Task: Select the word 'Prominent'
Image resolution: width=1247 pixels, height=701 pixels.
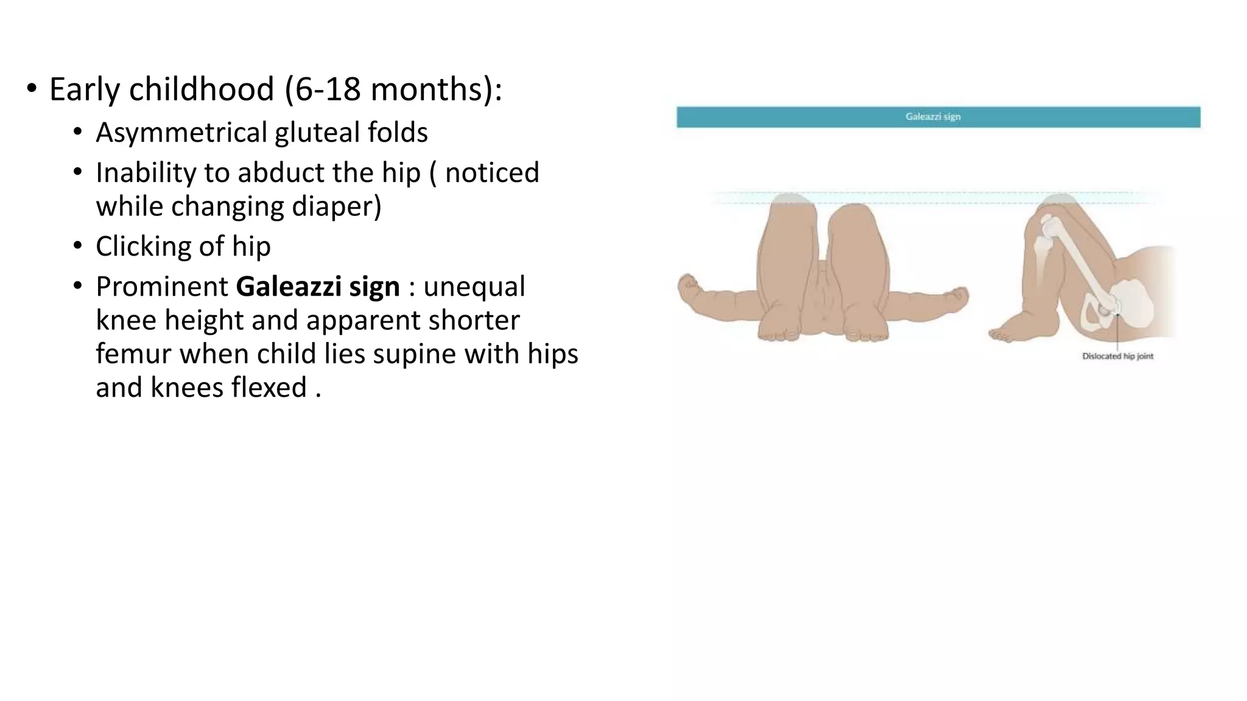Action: point(161,287)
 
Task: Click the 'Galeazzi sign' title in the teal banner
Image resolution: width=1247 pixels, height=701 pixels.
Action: point(932,117)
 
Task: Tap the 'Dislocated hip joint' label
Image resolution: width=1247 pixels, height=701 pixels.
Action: point(1117,356)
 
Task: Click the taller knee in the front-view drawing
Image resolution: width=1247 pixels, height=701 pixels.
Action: point(790,210)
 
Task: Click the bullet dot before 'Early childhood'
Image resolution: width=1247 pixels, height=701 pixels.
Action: point(31,89)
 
